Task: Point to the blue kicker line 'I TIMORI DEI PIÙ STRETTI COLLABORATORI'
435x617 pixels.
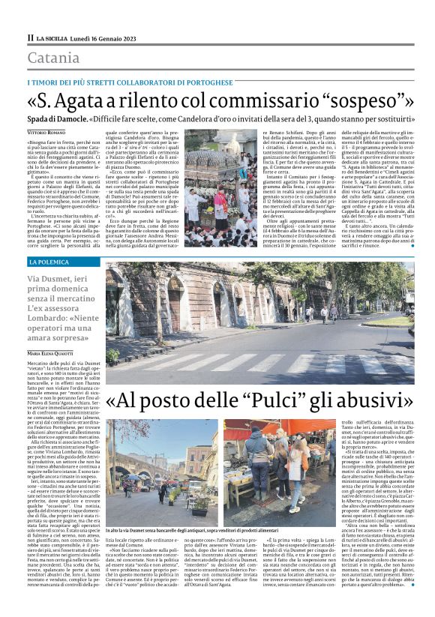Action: (x=127, y=81)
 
